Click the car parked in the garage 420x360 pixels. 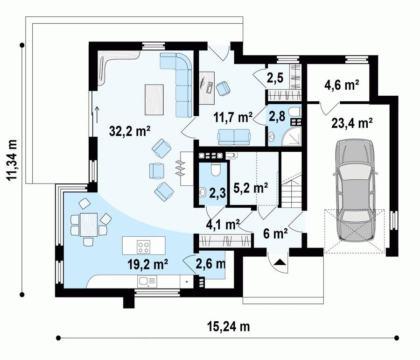click(x=355, y=191)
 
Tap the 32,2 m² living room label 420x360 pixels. click(x=130, y=131)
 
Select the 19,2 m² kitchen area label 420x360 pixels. click(x=147, y=264)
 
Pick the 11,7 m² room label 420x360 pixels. click(x=233, y=117)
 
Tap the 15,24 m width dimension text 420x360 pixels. click(x=229, y=326)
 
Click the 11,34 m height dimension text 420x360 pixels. click(x=12, y=160)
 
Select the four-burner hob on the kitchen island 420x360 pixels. click(x=144, y=247)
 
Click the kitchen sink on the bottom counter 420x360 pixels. click(x=147, y=282)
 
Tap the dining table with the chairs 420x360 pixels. click(x=89, y=225)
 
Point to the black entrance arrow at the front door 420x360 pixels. click(x=279, y=262)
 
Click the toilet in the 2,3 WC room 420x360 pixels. click(x=215, y=169)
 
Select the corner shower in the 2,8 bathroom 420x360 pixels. click(x=291, y=136)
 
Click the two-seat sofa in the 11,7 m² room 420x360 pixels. click(x=234, y=136)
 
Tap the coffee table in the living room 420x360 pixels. click(x=154, y=99)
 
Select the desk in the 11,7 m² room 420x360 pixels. click(x=207, y=88)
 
